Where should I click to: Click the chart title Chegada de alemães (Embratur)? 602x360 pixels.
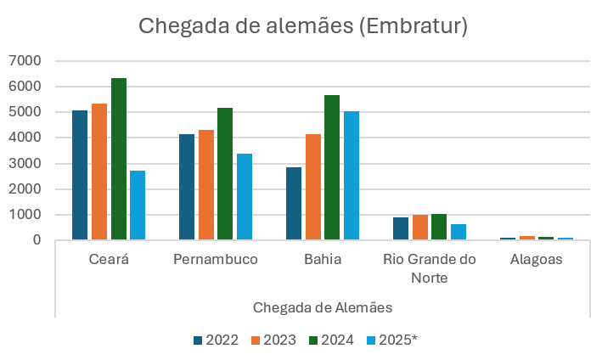pos(303,26)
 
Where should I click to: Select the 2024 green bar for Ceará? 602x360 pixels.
pos(119,160)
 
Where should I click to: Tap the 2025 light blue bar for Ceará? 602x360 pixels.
pos(138,205)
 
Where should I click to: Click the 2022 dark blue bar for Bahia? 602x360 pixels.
pos(294,204)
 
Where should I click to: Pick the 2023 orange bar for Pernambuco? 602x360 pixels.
pos(206,185)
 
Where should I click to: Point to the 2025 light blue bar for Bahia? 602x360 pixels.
pos(352,176)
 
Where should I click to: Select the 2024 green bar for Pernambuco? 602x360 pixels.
pos(225,174)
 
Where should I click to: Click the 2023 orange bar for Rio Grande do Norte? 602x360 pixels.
pos(420,228)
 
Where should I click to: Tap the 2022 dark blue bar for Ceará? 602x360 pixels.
pos(80,175)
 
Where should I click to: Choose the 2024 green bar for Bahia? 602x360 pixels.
pos(332,168)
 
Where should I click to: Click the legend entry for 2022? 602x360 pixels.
pos(216,340)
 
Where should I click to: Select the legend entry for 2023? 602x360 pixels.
pos(273,340)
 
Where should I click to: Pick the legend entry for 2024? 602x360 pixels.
pos(330,340)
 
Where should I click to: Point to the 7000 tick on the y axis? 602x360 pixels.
pos(25,61)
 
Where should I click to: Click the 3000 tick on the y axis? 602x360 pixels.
pos(25,164)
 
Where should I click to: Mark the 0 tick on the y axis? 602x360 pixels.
pos(37,240)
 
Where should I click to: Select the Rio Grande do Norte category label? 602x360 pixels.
pos(430,268)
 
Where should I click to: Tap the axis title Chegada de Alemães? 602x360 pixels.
pos(322,306)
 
